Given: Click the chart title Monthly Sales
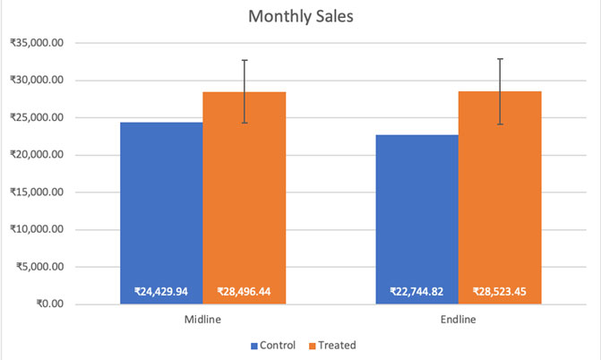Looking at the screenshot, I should pos(300,17).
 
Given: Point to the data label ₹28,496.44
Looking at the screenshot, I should pos(244,291).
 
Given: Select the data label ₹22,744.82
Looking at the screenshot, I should pos(417,291).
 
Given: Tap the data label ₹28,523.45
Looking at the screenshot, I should pos(500,291).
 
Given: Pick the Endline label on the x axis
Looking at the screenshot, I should pos(459,319).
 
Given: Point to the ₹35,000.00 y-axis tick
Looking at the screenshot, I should pos(37,43).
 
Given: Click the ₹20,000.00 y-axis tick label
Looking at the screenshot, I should pos(37,155).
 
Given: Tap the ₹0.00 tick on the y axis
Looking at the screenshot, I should pos(49,304).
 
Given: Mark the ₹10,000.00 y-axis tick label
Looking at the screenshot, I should pos(37,229).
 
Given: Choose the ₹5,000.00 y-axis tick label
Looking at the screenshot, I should pos(39,267).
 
